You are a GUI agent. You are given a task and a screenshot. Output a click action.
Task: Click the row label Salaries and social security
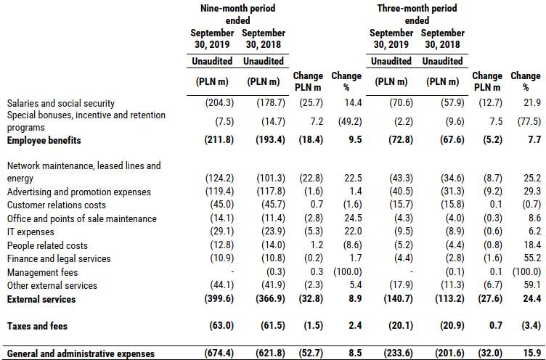pos(60,103)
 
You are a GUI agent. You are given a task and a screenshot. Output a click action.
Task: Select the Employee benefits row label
pos(44,140)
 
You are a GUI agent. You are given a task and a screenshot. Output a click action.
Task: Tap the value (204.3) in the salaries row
pos(219,103)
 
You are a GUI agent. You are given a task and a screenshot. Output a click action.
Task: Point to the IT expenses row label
pos(30,232)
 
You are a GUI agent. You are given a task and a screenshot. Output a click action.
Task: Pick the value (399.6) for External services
pos(219,299)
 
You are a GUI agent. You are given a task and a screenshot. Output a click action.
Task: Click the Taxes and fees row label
pos(37,326)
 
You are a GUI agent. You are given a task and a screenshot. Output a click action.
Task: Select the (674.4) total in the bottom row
pos(219,353)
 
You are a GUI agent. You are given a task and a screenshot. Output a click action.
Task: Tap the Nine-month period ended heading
pos(238,15)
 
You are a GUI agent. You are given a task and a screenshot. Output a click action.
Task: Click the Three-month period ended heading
pos(417,15)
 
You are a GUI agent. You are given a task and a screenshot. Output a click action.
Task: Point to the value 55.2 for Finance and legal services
pos(532,258)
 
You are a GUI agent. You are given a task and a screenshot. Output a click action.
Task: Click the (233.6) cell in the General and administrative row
pos(398,353)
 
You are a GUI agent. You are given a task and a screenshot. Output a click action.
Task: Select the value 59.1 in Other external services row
pos(532,285)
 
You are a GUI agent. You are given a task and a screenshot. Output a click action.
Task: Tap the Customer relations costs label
pos(57,205)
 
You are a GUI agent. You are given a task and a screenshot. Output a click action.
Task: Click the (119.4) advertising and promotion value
pos(219,191)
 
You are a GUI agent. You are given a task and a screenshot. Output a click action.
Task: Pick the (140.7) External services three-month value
pos(398,299)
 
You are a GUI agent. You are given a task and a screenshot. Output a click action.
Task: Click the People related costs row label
pos(47,246)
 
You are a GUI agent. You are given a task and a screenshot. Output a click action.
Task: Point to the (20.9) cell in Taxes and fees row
pos(449,326)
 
